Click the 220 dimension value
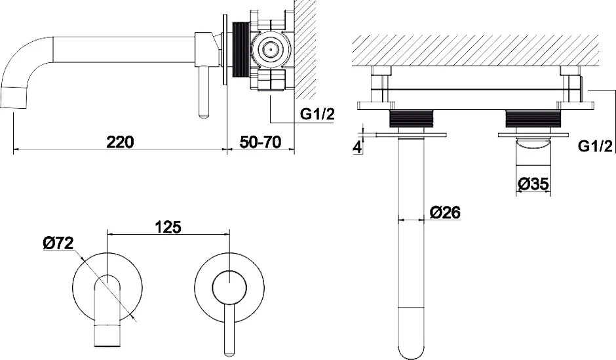click(120, 142)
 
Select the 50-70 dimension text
click(260, 142)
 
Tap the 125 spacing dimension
click(168, 227)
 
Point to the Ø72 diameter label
click(58, 243)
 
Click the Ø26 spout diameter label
click(445, 212)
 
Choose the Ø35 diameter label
click(533, 183)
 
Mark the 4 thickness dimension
click(356, 148)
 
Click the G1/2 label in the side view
click(317, 114)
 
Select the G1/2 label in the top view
click(595, 146)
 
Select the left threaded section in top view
click(412, 119)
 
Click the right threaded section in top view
click(533, 119)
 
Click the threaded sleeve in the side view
click(241, 50)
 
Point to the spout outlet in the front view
click(107, 336)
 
